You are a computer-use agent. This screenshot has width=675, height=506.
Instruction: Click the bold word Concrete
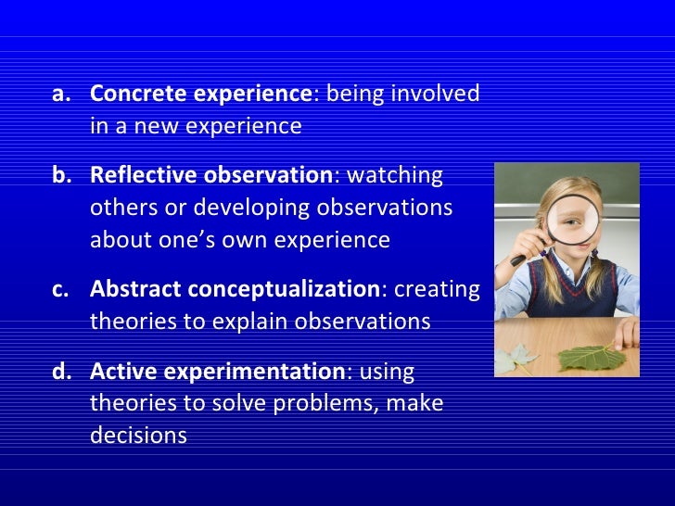(139, 93)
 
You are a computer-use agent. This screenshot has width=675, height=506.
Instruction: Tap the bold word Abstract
(135, 288)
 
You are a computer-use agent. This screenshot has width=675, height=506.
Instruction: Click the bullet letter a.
(60, 95)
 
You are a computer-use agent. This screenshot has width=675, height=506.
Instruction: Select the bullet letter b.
(61, 174)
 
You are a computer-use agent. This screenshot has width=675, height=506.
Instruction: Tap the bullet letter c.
(60, 289)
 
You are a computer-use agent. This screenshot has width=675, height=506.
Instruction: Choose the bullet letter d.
(61, 371)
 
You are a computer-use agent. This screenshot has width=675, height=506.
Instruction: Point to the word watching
(395, 176)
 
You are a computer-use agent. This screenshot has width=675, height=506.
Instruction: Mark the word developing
(251, 209)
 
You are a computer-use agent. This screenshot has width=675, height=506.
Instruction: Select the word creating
(437, 289)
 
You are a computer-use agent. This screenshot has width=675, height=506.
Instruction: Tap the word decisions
(138, 435)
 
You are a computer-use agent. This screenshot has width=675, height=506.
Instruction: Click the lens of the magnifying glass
(573, 221)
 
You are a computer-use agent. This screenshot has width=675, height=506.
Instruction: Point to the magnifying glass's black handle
(519, 259)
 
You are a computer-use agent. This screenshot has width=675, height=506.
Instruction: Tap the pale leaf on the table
(515, 359)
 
